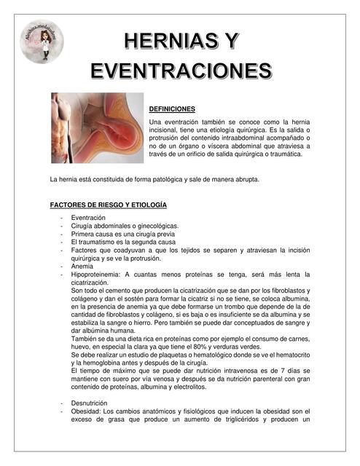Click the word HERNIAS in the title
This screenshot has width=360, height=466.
[170, 41]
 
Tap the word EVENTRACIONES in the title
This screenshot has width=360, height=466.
[181, 71]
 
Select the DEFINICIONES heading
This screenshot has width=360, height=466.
[172, 108]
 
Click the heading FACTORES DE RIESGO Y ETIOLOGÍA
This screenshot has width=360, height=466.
[108, 205]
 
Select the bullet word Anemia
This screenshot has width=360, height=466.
[82, 266]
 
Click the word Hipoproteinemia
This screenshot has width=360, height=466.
[96, 275]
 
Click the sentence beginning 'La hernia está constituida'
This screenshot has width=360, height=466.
[154, 179]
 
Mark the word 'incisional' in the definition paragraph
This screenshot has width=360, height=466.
[165, 129]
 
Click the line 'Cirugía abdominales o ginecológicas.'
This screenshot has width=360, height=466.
[125, 226]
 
